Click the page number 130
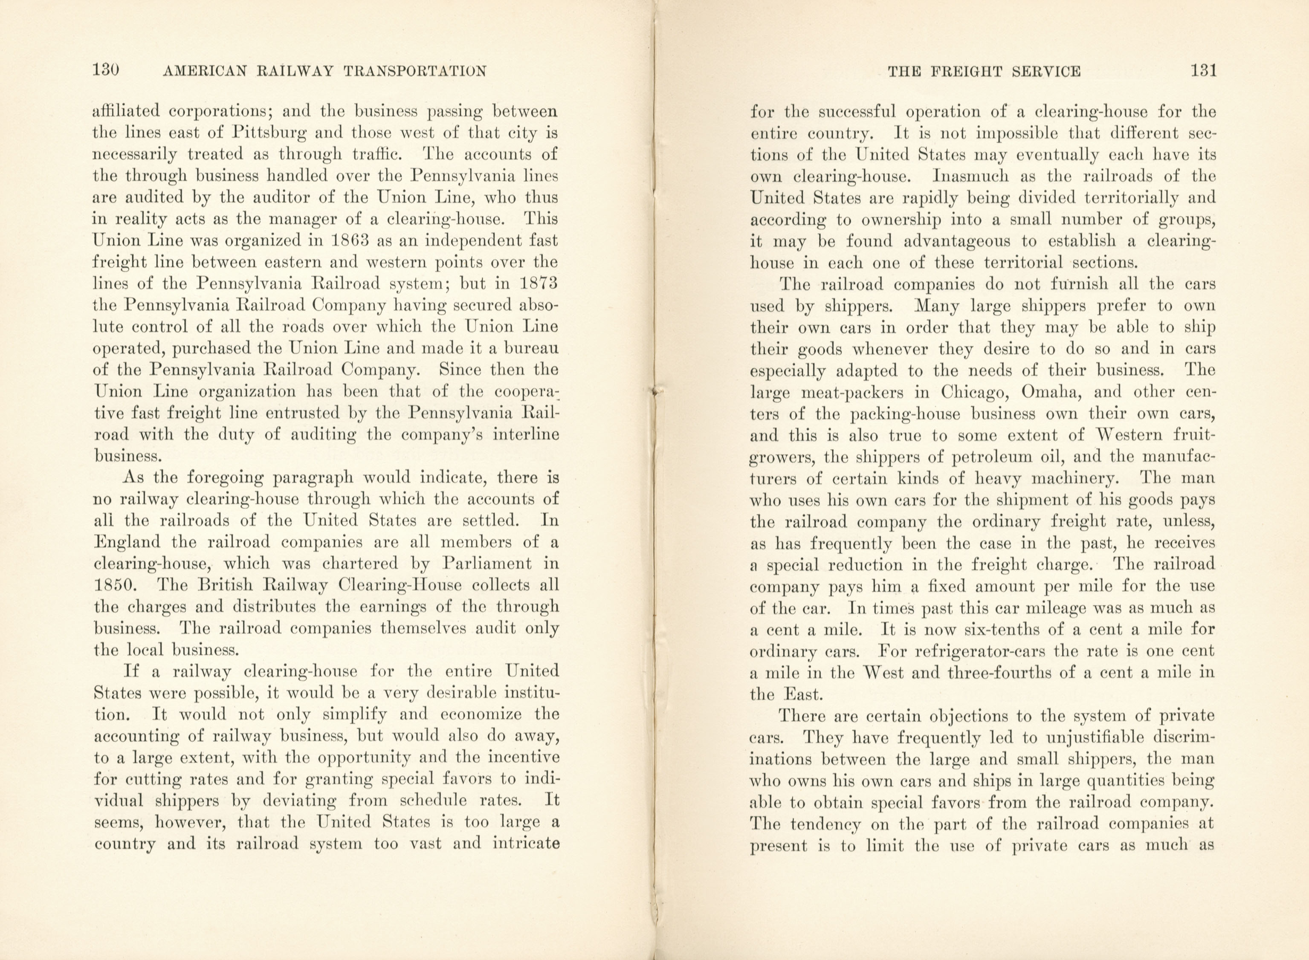[x=106, y=70]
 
